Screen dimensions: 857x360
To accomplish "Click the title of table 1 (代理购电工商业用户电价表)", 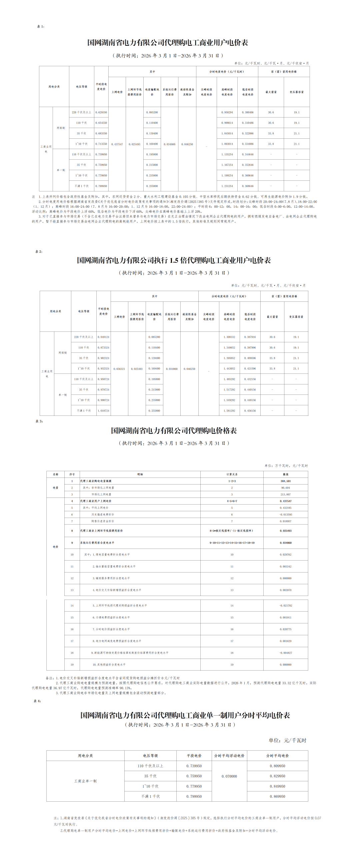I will [168, 43].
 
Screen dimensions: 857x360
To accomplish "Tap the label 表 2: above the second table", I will [39, 251].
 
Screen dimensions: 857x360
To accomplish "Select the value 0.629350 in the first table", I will [101, 112].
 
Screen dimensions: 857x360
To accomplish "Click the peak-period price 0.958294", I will [227, 112].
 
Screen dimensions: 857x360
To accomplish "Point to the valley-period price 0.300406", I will [248, 112].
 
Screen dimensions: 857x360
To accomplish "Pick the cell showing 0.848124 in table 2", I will [103, 337].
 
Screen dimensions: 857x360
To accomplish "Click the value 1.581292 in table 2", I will [229, 410].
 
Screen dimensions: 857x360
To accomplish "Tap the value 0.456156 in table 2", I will [250, 410].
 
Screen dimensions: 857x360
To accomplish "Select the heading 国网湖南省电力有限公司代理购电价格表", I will [174, 431].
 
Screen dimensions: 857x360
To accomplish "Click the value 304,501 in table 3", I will [286, 481].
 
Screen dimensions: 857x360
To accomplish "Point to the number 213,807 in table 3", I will [286, 495].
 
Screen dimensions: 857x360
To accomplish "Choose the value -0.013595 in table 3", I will [286, 515].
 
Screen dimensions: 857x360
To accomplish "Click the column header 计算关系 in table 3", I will [232, 474].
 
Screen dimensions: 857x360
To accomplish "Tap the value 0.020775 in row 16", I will [286, 629].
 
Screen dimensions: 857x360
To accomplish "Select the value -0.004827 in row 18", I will [286, 653].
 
